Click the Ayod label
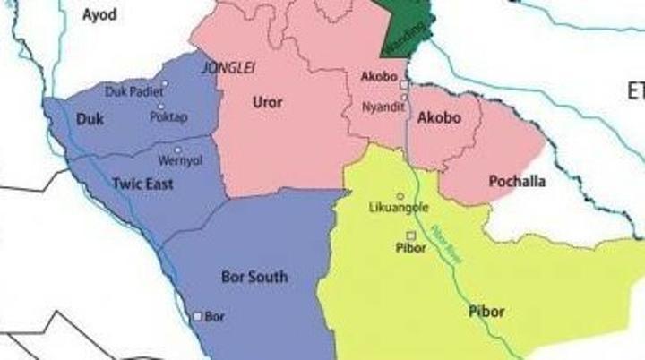99,15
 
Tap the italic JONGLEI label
224,67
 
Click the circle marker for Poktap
160,107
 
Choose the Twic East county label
142,184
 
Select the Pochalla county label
517,182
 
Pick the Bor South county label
254,277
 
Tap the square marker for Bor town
199,316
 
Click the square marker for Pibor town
410,235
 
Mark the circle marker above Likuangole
400,196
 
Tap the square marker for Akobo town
404,85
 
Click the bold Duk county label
90,119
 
